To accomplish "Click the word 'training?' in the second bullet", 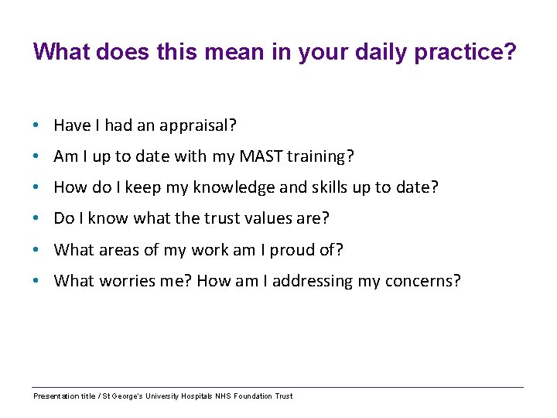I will pyautogui.click(x=320, y=156).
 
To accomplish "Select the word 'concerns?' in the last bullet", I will pyautogui.click(x=422, y=280).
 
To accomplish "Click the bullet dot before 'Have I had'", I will pyautogui.click(x=36, y=125).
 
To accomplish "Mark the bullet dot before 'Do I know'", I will pyautogui.click(x=36, y=218).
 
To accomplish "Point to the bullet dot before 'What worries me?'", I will pyautogui.click(x=36, y=280).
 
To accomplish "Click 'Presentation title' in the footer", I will pyautogui.click(x=63, y=396).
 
